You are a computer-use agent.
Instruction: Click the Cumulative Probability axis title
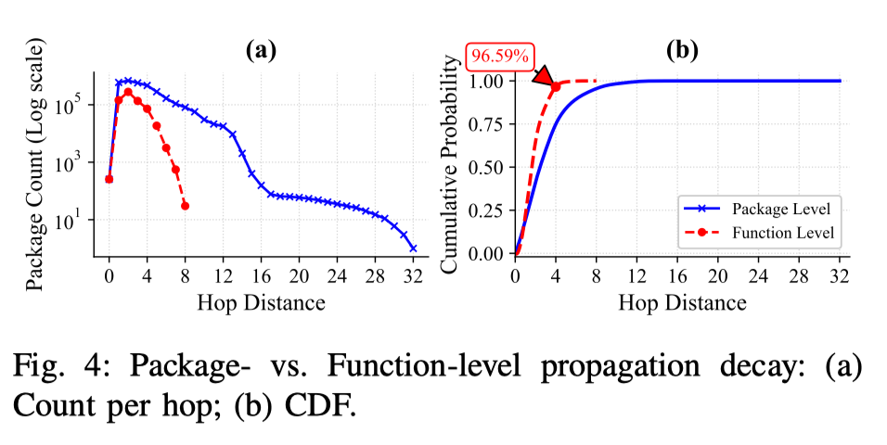pyautogui.click(x=451, y=163)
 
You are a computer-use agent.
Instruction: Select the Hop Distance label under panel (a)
pyautogui.click(x=261, y=301)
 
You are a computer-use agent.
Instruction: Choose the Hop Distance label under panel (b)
pyautogui.click(x=682, y=301)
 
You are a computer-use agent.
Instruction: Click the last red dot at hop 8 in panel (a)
pyautogui.click(x=185, y=205)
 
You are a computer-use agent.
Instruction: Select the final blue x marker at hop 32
pyautogui.click(x=413, y=248)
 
